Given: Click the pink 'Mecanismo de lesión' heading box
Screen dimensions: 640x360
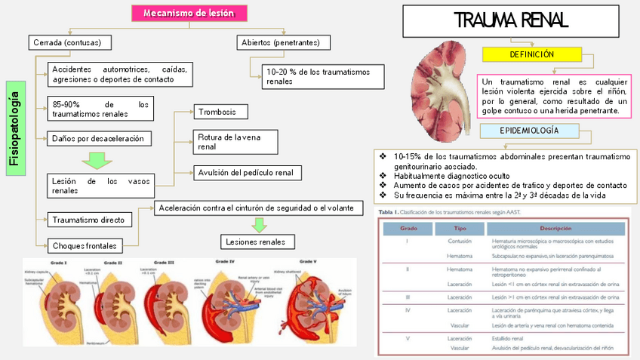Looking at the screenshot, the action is click(x=189, y=14).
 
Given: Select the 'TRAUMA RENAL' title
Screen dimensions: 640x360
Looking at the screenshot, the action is click(x=510, y=20).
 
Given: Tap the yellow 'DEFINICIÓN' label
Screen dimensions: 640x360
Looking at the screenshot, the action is click(x=531, y=55).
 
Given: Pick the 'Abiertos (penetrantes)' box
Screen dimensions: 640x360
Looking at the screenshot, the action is click(x=283, y=42).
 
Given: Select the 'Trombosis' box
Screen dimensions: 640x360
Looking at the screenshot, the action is click(x=223, y=112).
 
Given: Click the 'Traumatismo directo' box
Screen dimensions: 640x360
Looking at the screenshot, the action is click(x=91, y=220).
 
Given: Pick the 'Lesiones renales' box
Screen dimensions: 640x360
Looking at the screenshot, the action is click(x=257, y=242).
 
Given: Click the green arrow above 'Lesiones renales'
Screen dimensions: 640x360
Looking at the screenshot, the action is click(x=259, y=224).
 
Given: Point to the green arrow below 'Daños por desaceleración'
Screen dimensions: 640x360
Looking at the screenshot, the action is click(x=96, y=160).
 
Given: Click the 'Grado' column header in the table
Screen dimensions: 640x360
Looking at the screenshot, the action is click(x=408, y=229).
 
